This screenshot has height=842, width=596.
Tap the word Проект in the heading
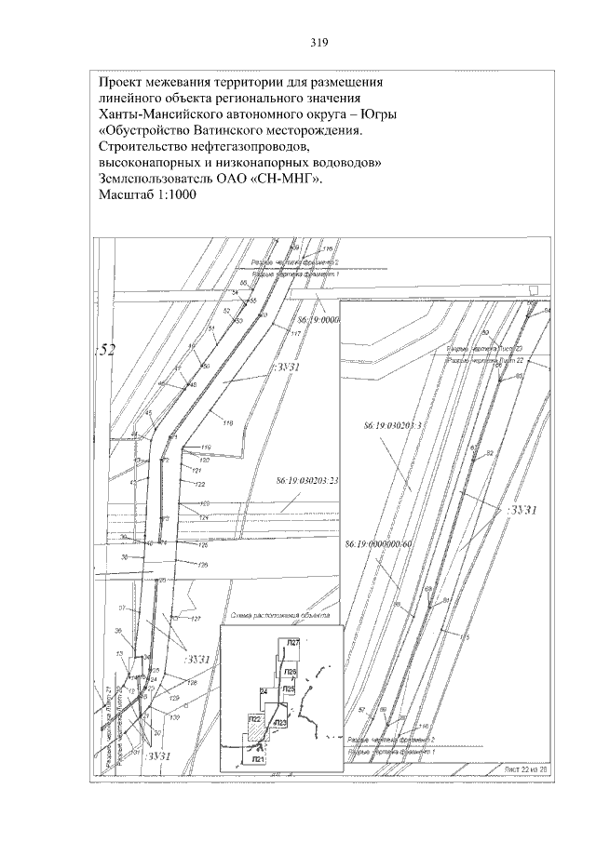click(124, 81)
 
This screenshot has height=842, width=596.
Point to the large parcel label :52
click(106, 350)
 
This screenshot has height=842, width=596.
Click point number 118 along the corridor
click(228, 422)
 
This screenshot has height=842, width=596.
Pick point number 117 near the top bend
click(297, 334)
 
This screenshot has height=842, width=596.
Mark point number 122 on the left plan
click(199, 484)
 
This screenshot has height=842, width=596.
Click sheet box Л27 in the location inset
click(293, 643)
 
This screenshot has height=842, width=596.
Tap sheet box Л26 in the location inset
click(290, 671)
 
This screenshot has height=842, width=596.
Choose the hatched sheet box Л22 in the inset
click(254, 719)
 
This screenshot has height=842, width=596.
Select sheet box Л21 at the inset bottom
click(258, 760)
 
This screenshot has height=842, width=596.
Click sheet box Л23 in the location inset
click(281, 721)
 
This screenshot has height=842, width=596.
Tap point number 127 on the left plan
click(196, 619)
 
